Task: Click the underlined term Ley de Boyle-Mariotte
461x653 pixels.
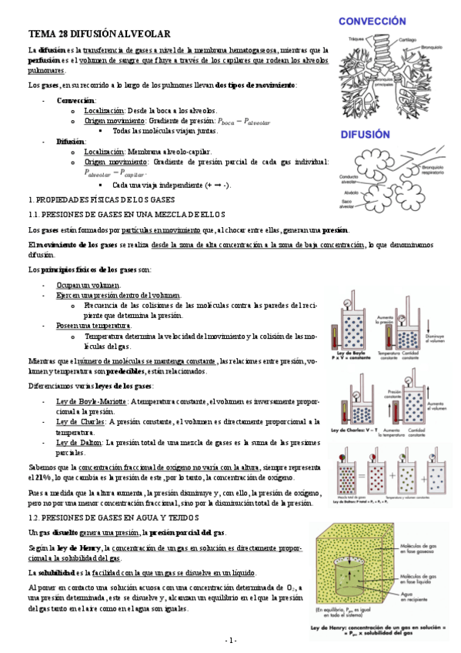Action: (92, 401)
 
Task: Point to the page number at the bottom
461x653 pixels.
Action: (230, 641)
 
